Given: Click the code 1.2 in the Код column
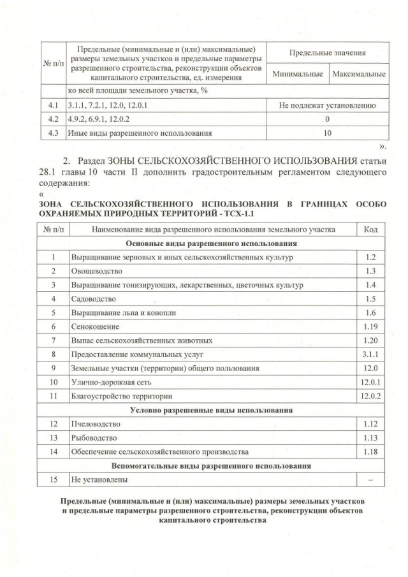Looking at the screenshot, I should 371,257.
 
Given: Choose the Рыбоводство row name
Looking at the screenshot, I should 94,438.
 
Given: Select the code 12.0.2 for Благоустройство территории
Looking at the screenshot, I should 371,396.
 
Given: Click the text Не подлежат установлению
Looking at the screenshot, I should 328,105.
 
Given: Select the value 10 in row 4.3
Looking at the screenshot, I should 328,133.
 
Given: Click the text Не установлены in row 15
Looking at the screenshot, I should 99,479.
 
